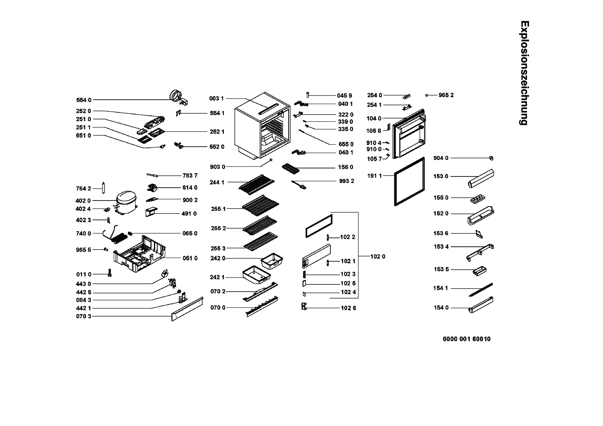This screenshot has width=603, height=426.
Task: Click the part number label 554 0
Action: click(84, 100)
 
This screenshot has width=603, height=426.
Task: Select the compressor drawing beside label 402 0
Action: click(125, 201)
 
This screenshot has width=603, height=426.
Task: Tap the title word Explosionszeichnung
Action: click(523, 73)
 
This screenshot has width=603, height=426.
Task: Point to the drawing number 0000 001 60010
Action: click(466, 339)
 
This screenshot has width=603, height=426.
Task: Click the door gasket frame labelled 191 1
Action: click(410, 181)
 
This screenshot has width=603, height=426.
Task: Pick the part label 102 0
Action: click(377, 256)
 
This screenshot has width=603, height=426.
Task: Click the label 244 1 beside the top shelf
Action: click(217, 182)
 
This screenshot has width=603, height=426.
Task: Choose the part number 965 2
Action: click(446, 95)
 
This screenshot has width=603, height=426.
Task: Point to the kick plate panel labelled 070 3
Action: click(187, 309)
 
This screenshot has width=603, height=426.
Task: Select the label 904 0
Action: click(441, 158)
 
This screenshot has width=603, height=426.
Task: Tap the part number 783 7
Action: click(190, 175)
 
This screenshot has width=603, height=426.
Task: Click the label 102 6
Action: click(348, 308)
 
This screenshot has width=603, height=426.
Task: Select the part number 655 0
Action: click(346, 144)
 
